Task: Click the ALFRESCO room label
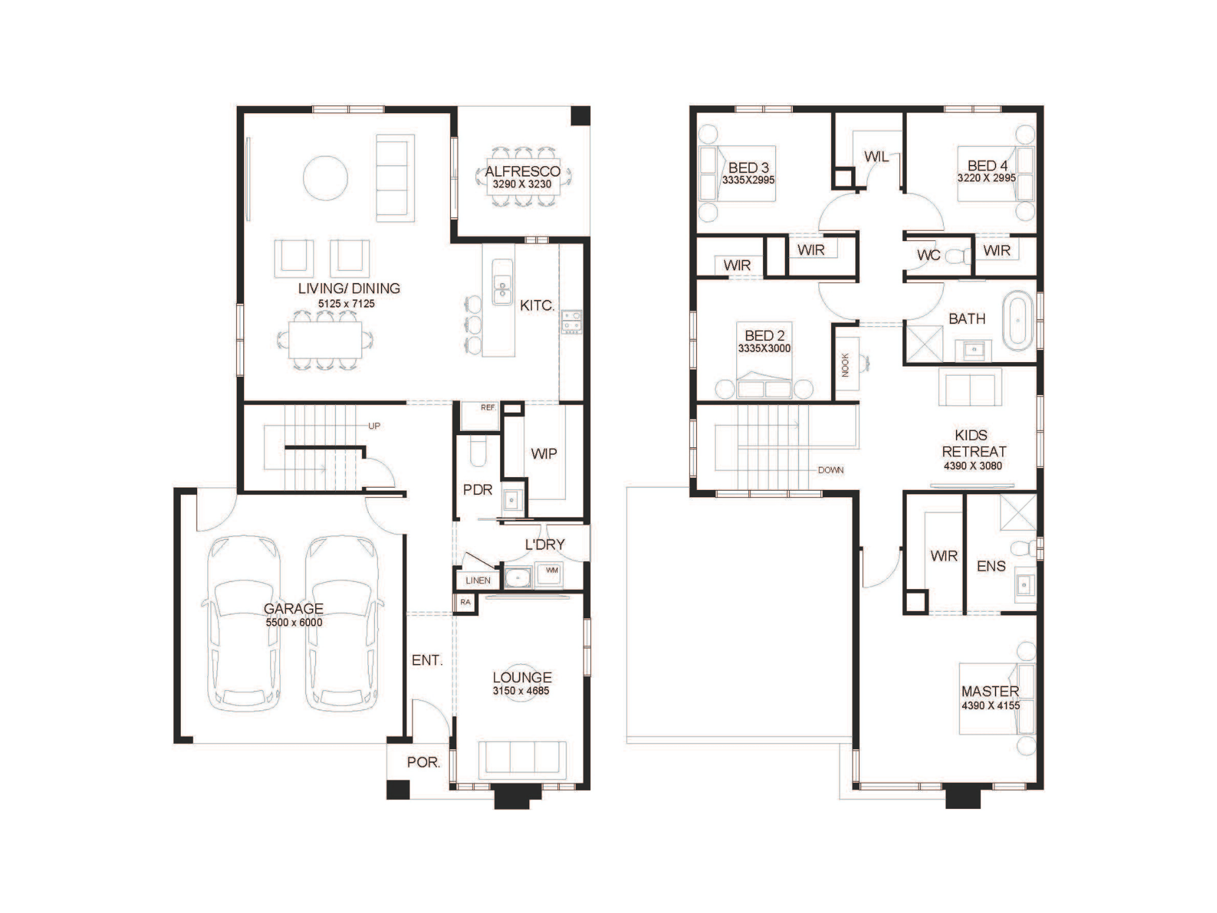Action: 523,172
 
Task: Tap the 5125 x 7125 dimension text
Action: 346,304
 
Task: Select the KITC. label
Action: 537,306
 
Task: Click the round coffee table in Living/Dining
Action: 326,178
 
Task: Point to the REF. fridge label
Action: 488,407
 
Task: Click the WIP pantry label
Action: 543,453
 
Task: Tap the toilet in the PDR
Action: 478,451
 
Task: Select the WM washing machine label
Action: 551,570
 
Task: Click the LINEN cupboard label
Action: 478,581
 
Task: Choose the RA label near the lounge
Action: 466,603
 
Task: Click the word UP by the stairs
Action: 374,426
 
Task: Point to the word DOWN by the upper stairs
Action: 831,470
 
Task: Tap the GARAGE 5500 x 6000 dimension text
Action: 294,623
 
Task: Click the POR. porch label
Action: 424,762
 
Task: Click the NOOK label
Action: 845,365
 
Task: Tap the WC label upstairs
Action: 929,256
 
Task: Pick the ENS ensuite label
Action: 991,566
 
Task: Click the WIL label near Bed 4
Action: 876,157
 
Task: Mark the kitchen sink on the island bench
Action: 502,282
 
